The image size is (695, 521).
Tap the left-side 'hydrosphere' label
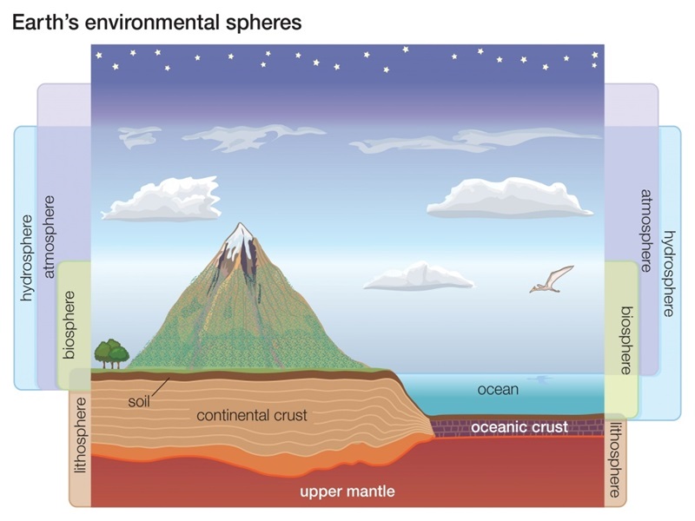pyautogui.click(x=28, y=258)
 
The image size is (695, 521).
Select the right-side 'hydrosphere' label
pyautogui.click(x=668, y=274)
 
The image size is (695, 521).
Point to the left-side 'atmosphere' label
pyautogui.click(x=50, y=236)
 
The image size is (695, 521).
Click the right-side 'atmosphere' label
pyautogui.click(x=645, y=231)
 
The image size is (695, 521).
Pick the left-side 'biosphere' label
pyautogui.click(x=69, y=325)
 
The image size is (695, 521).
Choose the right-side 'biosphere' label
pyautogui.click(x=625, y=340)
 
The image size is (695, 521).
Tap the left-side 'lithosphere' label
pyautogui.click(x=81, y=436)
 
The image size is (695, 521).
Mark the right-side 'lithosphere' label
pyautogui.click(x=615, y=460)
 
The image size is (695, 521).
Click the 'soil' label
pyautogui.click(x=139, y=401)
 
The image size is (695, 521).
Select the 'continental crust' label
pyautogui.click(x=252, y=415)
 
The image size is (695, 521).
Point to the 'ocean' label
pyautogui.click(x=498, y=389)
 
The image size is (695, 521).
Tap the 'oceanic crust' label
pyautogui.click(x=519, y=427)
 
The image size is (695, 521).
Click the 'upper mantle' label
pyautogui.click(x=347, y=491)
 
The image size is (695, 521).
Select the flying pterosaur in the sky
pyautogui.click(x=552, y=279)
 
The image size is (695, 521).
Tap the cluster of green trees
pyautogui.click(x=112, y=353)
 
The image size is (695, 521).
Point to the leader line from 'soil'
pyautogui.click(x=160, y=386)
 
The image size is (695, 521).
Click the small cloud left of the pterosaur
pyautogui.click(x=419, y=276)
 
